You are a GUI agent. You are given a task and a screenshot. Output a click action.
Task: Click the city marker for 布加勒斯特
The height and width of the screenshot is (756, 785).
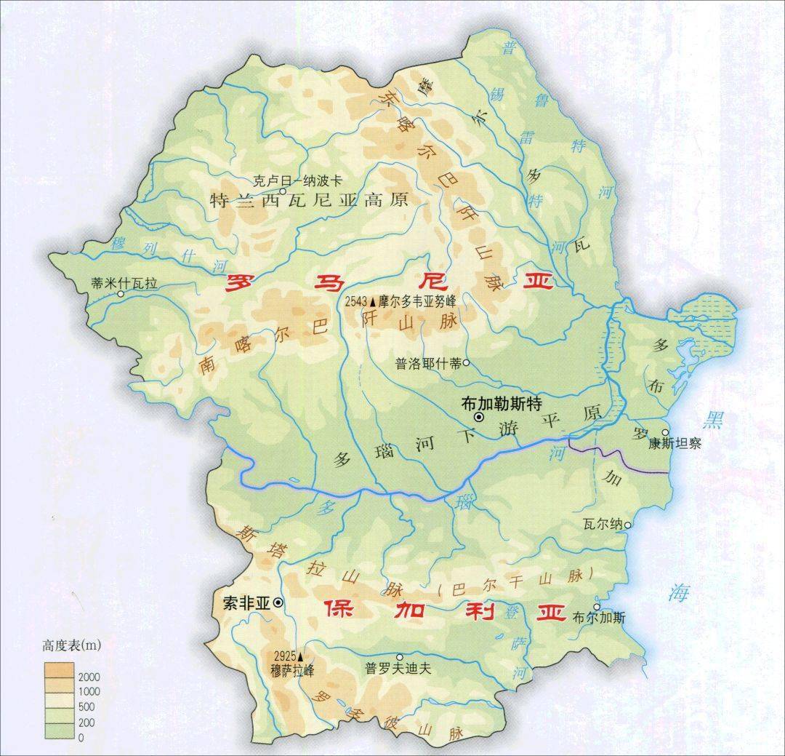(x=479, y=417)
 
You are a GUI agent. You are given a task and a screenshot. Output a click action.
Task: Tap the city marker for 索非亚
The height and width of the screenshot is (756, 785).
(x=278, y=603)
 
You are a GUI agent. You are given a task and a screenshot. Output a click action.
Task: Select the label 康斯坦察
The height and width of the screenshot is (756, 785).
(x=675, y=444)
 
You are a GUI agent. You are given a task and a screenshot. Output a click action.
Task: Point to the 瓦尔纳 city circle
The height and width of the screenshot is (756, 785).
(x=627, y=524)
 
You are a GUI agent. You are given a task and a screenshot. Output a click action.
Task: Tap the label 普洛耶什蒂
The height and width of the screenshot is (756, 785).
(x=428, y=364)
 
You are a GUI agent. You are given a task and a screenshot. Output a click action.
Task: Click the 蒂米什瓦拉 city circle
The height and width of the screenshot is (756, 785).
(x=121, y=293)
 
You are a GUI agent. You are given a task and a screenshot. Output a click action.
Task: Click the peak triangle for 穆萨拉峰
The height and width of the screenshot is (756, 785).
(x=298, y=648)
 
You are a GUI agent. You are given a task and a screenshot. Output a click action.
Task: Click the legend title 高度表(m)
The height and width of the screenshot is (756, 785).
(x=72, y=645)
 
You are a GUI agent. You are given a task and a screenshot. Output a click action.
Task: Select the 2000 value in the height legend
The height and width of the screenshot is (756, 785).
(x=90, y=677)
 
